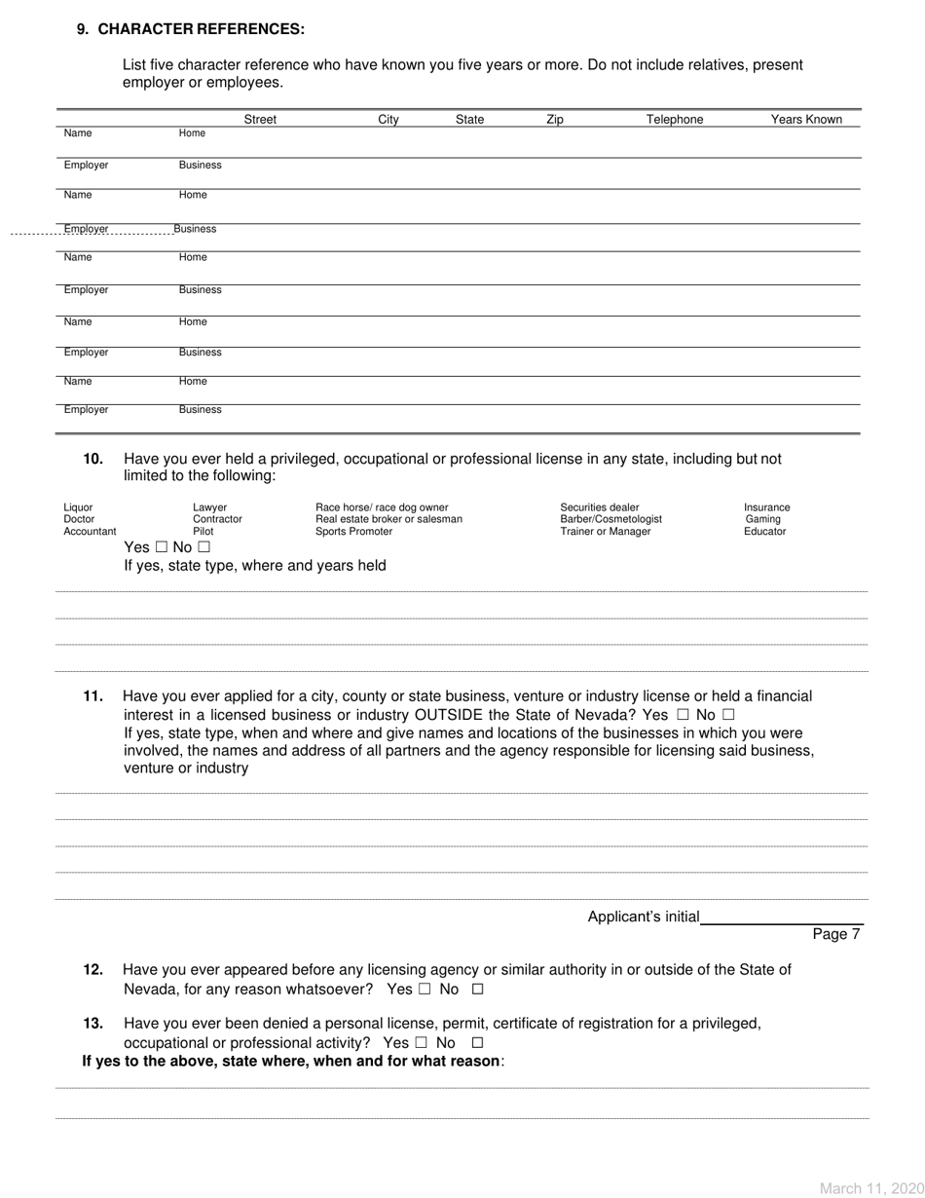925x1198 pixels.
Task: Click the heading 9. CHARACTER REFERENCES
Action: pyautogui.click(x=191, y=29)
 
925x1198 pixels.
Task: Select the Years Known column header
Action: pyautogui.click(x=806, y=120)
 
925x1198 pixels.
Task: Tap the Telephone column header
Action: pyautogui.click(x=675, y=120)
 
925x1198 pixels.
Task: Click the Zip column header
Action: pyautogui.click(x=554, y=120)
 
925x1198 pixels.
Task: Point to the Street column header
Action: pyautogui.click(x=260, y=120)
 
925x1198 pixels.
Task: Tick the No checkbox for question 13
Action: pyautogui.click(x=463, y=1042)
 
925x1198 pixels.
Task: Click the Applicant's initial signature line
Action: pyautogui.click(x=782, y=917)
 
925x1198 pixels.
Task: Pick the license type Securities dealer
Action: pyautogui.click(x=600, y=506)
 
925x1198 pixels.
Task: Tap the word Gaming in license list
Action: pyautogui.click(x=761, y=519)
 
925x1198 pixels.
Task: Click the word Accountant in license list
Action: pyautogui.click(x=90, y=532)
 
